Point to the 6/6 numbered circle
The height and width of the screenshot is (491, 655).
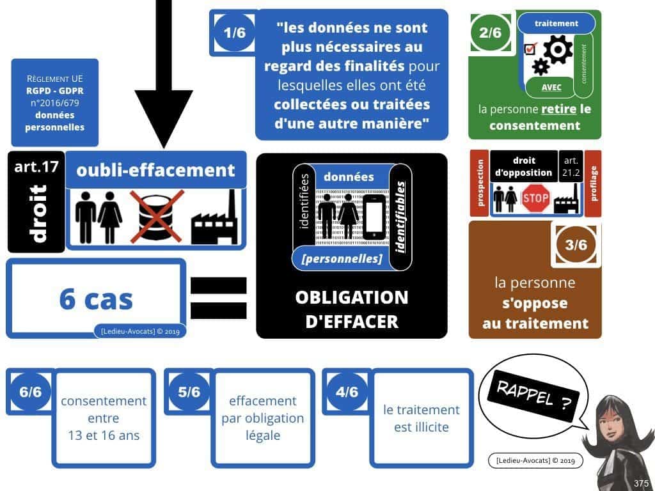[x=30, y=391]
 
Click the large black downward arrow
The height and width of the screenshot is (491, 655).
[x=164, y=77]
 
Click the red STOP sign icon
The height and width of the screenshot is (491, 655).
[x=535, y=198]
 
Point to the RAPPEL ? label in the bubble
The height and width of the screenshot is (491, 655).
[x=529, y=394]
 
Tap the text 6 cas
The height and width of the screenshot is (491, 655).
[x=96, y=299]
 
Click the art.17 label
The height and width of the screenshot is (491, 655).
[x=36, y=168]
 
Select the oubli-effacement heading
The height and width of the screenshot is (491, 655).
[x=155, y=170]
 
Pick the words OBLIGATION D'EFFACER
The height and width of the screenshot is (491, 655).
[x=351, y=309]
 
